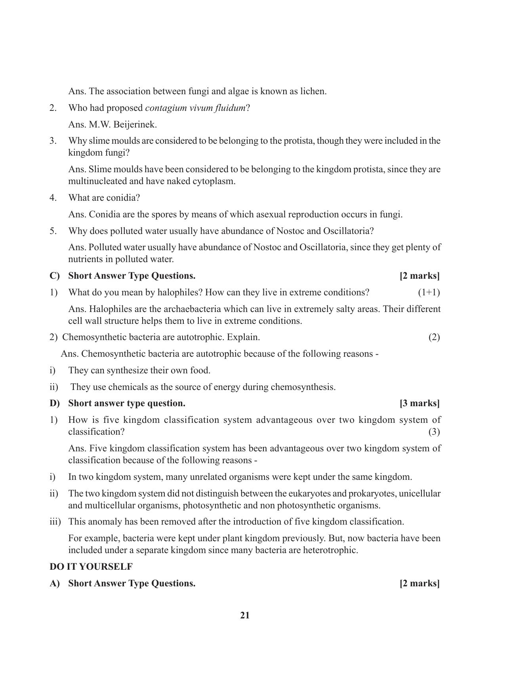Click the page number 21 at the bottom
pos(245,615)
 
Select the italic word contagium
pos(164,108)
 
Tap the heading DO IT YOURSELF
pos(91,567)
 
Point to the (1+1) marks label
pos(429,293)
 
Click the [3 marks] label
pos(419,403)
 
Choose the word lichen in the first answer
pos(313,91)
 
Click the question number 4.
pos(53,198)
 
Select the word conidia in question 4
pos(124,198)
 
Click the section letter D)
pos(54,403)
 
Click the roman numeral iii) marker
pos(55,521)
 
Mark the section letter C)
pos(54,276)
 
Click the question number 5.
pos(53,231)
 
